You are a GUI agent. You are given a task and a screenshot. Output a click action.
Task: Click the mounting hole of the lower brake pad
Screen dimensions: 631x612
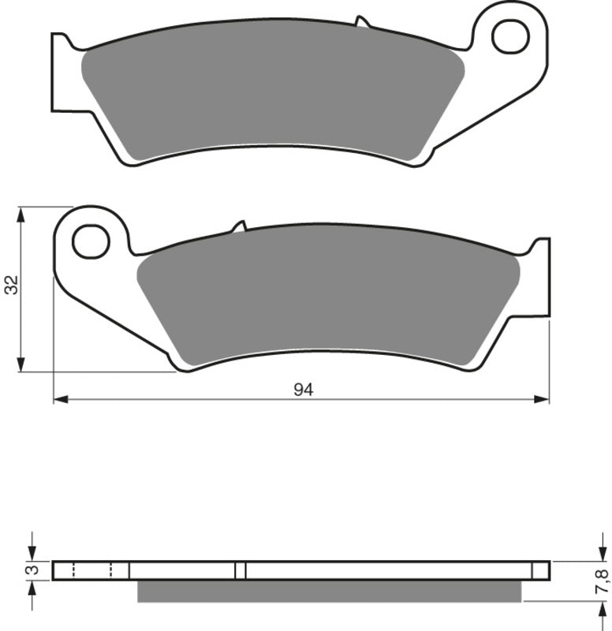click(91, 241)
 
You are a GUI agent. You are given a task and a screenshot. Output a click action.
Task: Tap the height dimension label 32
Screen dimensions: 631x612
click(11, 286)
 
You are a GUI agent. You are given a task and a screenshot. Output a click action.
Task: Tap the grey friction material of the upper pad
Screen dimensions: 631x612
click(268, 95)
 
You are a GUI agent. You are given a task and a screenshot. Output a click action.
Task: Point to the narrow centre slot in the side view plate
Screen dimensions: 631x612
click(241, 569)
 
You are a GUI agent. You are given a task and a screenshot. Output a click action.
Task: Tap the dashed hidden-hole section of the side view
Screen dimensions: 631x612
click(92, 569)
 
